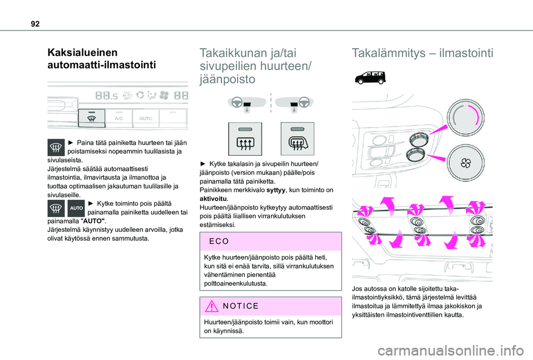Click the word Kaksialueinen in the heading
[x=82, y=53]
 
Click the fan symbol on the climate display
[x=164, y=95]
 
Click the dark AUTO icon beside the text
[x=77, y=209]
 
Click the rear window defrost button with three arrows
[x=245, y=139]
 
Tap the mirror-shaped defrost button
[x=297, y=139]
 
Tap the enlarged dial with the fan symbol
[x=464, y=162]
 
